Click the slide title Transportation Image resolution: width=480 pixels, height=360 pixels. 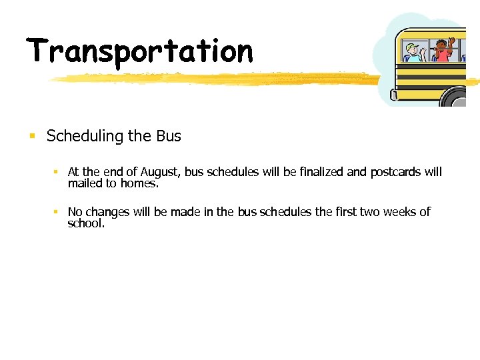coord(140,52)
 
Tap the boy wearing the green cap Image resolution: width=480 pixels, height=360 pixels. coord(414,53)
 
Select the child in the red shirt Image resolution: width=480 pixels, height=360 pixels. coord(443,51)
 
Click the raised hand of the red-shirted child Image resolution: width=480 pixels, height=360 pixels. coord(451,41)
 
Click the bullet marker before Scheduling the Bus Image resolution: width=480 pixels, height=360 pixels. coord(31,137)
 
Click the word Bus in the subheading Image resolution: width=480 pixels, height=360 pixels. coord(169,136)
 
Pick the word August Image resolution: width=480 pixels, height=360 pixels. coord(160,173)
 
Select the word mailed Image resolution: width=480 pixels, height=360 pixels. coord(86,183)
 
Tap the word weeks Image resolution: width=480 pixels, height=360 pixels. coord(397,212)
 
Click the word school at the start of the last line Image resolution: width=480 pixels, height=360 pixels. coord(86,223)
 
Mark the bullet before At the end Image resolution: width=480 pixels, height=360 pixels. coord(57,172)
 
